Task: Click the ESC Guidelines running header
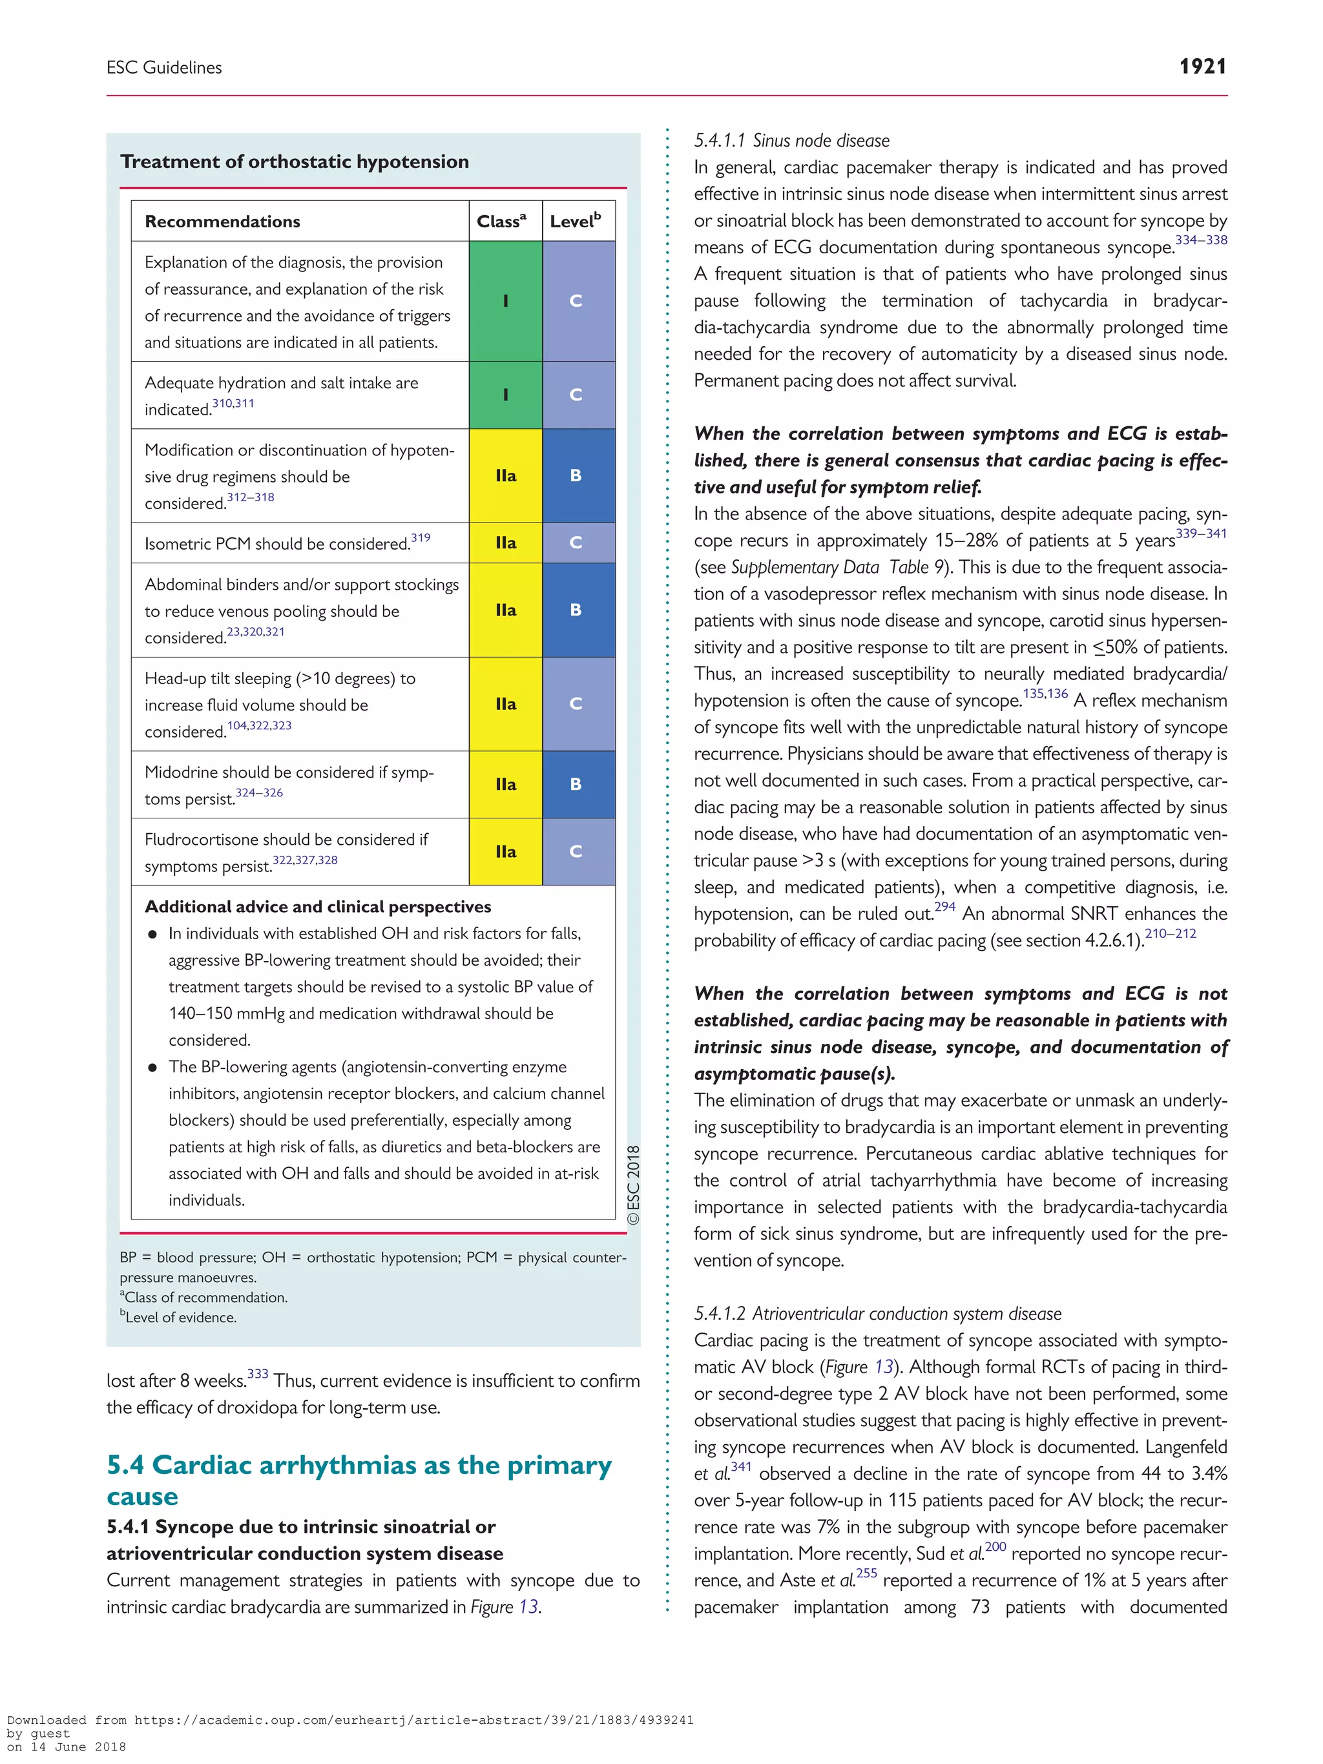click(x=164, y=68)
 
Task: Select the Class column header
click(x=501, y=221)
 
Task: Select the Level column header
click(x=575, y=221)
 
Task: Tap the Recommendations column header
click(x=222, y=222)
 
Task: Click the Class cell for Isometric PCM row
click(x=506, y=543)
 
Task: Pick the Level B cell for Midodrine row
click(x=576, y=784)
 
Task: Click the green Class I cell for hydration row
click(x=506, y=395)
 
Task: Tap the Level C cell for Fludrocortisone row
click(x=576, y=852)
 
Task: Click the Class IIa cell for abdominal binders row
click(x=506, y=610)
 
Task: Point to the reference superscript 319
click(x=421, y=537)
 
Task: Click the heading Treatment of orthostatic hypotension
click(x=295, y=162)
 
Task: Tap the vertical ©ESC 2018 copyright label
click(x=633, y=1184)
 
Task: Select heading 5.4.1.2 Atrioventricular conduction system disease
click(x=877, y=1313)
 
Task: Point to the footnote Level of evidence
click(x=180, y=1318)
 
